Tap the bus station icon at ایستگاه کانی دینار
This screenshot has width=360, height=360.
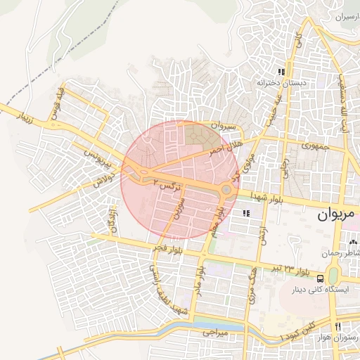pyautogui.click(x=321, y=278)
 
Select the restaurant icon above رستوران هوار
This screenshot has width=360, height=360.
pyautogui.click(x=338, y=327)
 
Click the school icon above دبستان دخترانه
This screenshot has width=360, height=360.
pyautogui.click(x=281, y=72)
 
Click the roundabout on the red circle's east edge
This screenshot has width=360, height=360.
pyautogui.click(x=226, y=189)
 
